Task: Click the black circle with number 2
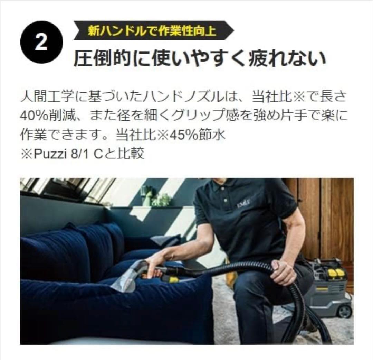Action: [41, 42]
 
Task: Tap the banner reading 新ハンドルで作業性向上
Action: [152, 31]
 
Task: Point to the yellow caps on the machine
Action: [335, 273]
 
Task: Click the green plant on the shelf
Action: [161, 200]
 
